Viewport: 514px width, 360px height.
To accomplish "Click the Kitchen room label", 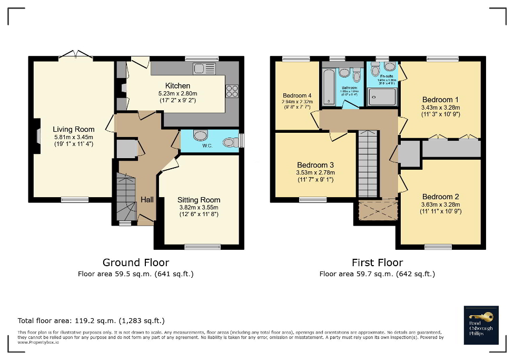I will point(177,86).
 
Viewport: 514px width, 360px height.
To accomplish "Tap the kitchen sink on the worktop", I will point(201,68).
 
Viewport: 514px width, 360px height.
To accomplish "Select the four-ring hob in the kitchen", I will point(232,91).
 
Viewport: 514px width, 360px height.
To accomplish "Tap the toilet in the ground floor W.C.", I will point(230,142).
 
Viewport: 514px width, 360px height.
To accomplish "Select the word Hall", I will point(147,200).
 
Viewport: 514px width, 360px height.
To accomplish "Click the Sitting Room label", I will point(199,200).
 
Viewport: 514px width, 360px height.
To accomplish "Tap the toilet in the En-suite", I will point(375,70).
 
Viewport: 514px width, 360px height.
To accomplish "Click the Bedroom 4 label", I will point(296,95).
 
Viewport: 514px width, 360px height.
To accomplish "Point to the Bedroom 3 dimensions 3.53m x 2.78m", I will point(315,172).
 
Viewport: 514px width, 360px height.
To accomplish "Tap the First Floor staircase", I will point(368,163).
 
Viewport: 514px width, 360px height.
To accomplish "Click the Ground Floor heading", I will point(136,262).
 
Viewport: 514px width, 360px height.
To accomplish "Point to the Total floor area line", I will point(91,320).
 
